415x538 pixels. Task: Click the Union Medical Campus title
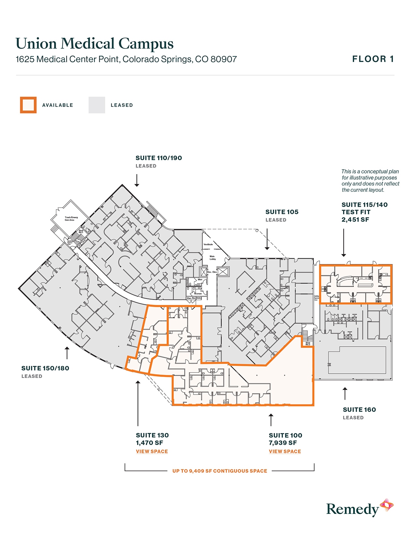[94, 44]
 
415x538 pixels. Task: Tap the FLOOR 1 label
[373, 59]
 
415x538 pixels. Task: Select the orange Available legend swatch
[28, 105]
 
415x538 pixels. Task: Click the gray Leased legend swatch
[97, 105]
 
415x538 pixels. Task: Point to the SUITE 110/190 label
[159, 158]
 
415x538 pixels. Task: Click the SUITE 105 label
[282, 212]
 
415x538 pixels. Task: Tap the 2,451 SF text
[355, 220]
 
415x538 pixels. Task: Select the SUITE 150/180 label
[45, 368]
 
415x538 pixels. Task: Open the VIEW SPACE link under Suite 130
[152, 451]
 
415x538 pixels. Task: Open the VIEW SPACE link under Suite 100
[285, 451]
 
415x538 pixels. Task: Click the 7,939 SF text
[283, 443]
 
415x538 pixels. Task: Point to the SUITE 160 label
[359, 410]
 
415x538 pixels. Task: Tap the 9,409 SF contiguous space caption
[220, 471]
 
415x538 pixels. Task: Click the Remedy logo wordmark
[352, 509]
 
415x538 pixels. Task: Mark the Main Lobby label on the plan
[213, 258]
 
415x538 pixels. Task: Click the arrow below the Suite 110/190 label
[137, 180]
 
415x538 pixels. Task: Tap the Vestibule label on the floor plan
[208, 244]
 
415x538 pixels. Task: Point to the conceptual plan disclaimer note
[370, 181]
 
